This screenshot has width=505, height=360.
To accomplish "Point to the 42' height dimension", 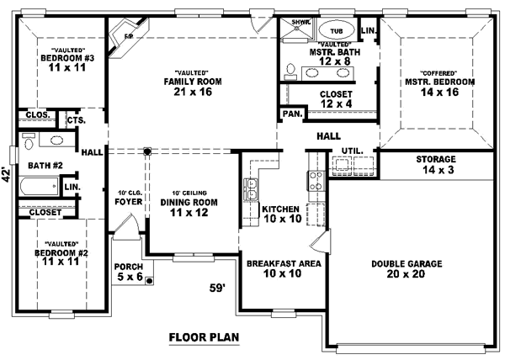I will [6, 176].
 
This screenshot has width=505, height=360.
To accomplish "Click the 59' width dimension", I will [217, 289].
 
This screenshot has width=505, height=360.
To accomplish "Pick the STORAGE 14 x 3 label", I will [435, 164].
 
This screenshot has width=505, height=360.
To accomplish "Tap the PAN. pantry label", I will [290, 112].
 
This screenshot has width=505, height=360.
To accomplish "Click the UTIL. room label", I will [352, 151].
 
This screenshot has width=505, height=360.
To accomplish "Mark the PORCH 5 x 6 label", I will [128, 272].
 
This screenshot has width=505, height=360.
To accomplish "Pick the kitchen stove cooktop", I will [317, 178].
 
